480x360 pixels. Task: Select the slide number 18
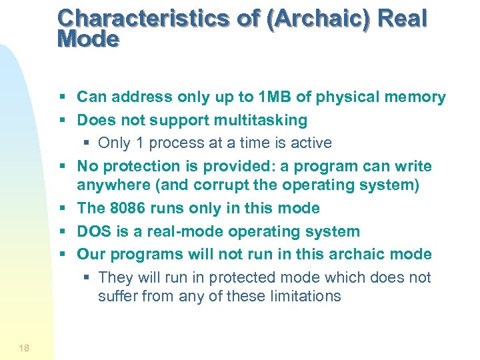[24, 347]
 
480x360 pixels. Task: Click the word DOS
[93, 231]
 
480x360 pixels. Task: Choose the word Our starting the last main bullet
[91, 254]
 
